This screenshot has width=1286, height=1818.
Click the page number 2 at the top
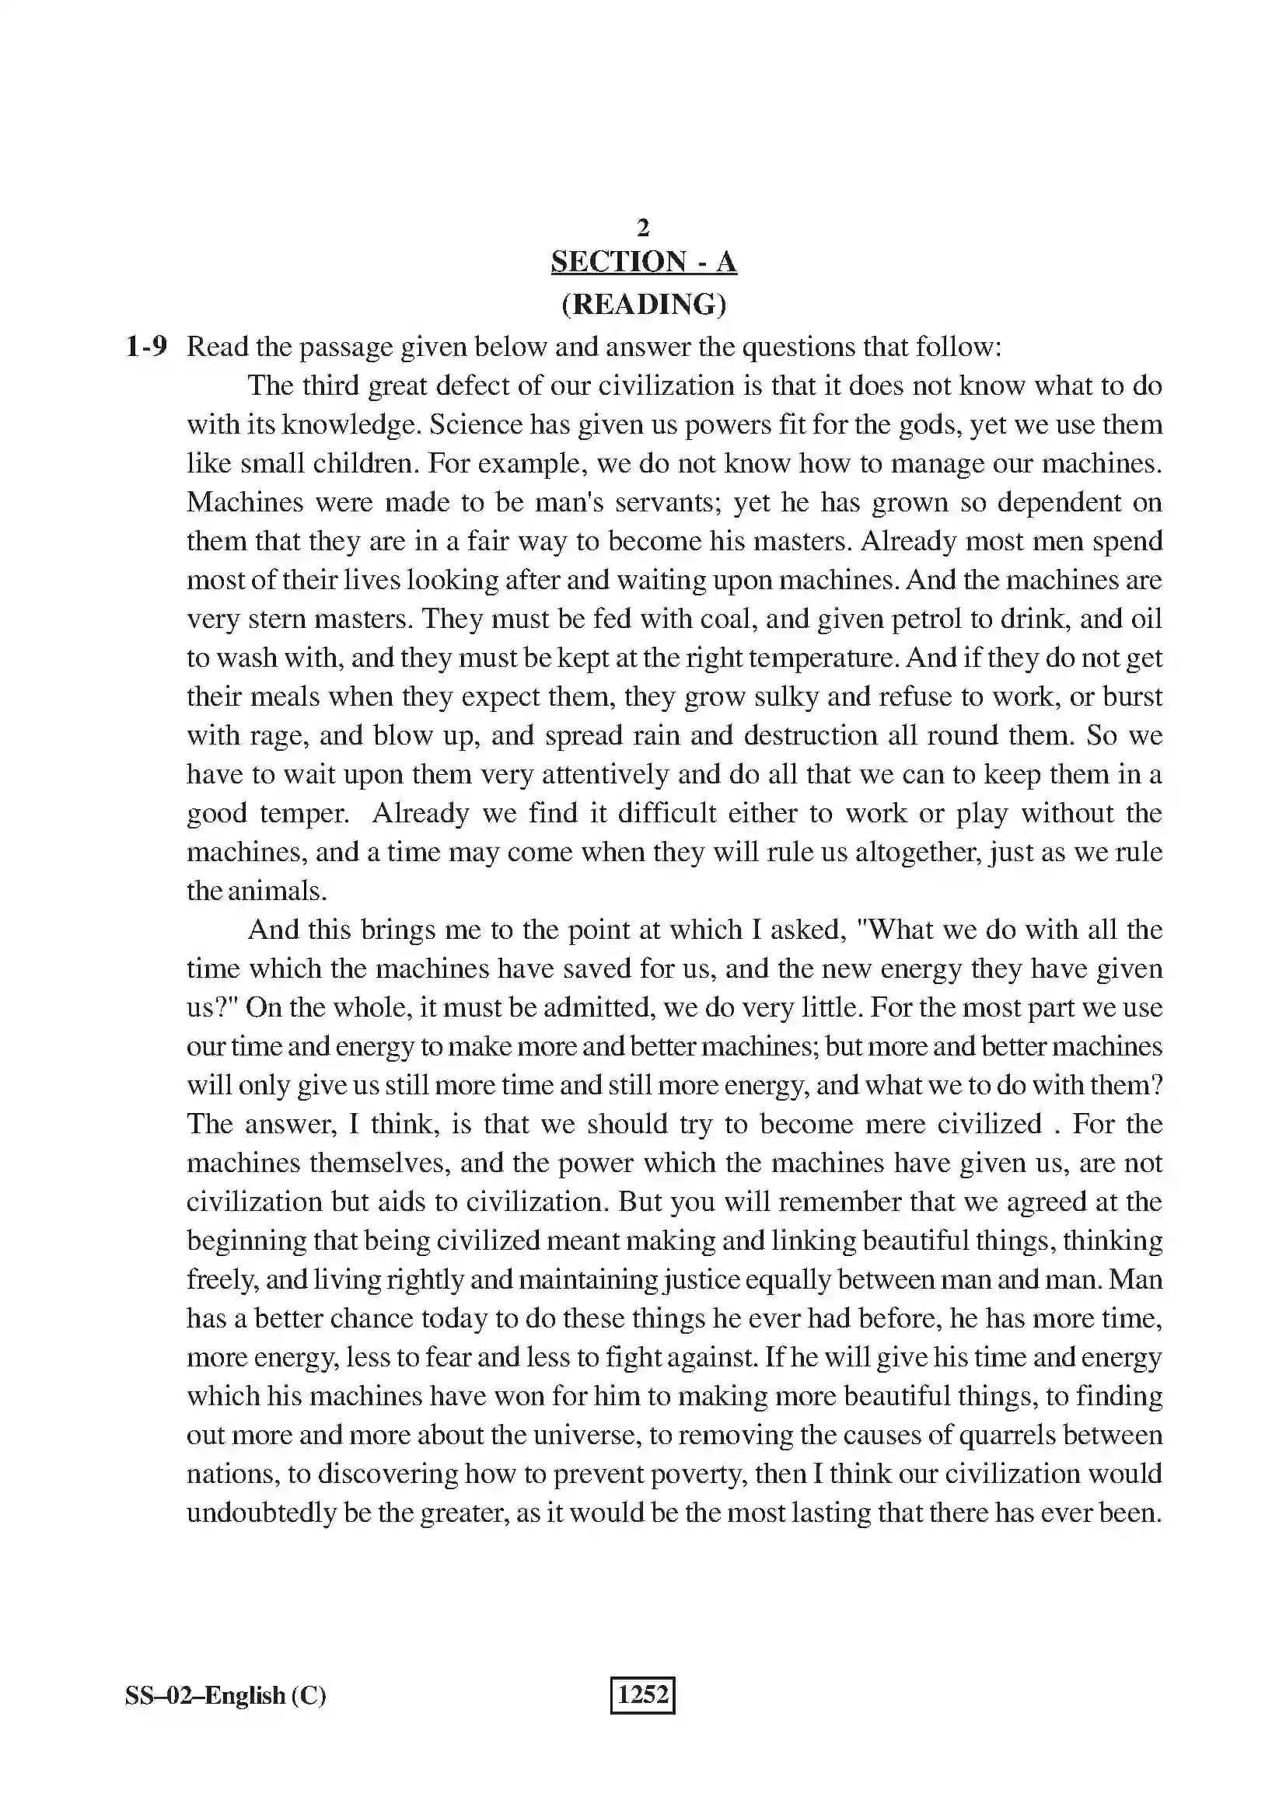click(643, 228)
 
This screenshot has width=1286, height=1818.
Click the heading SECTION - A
click(643, 261)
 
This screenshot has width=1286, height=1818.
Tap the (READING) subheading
click(643, 304)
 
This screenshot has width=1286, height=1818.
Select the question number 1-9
click(146, 347)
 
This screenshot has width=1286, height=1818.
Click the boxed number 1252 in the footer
click(642, 1694)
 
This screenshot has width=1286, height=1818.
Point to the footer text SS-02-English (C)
click(225, 1695)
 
